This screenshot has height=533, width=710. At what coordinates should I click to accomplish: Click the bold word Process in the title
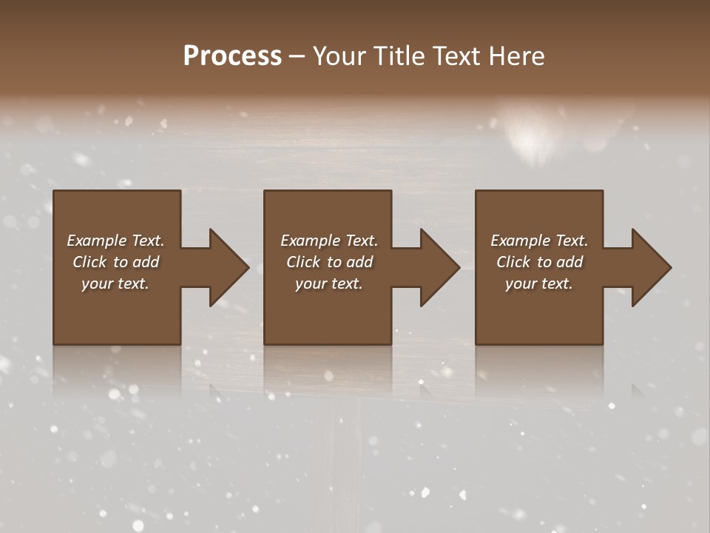[232, 56]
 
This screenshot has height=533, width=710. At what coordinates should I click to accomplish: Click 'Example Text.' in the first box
[115, 241]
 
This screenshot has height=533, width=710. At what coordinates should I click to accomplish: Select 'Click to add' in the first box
[115, 262]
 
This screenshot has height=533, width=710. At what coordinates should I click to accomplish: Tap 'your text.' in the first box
[115, 284]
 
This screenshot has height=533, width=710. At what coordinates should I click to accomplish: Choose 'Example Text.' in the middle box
[329, 241]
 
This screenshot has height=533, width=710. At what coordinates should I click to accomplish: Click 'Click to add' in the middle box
[329, 262]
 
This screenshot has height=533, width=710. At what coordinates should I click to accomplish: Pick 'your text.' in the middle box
[329, 284]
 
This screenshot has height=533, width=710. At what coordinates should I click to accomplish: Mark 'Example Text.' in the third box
[539, 241]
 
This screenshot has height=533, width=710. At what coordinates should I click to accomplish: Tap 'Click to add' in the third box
[539, 262]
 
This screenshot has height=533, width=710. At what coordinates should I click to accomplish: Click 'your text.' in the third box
[539, 284]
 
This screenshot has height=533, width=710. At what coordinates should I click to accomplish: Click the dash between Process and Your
[297, 57]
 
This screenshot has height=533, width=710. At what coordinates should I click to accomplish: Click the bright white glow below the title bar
[531, 137]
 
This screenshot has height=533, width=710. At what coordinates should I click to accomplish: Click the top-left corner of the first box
[55, 192]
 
